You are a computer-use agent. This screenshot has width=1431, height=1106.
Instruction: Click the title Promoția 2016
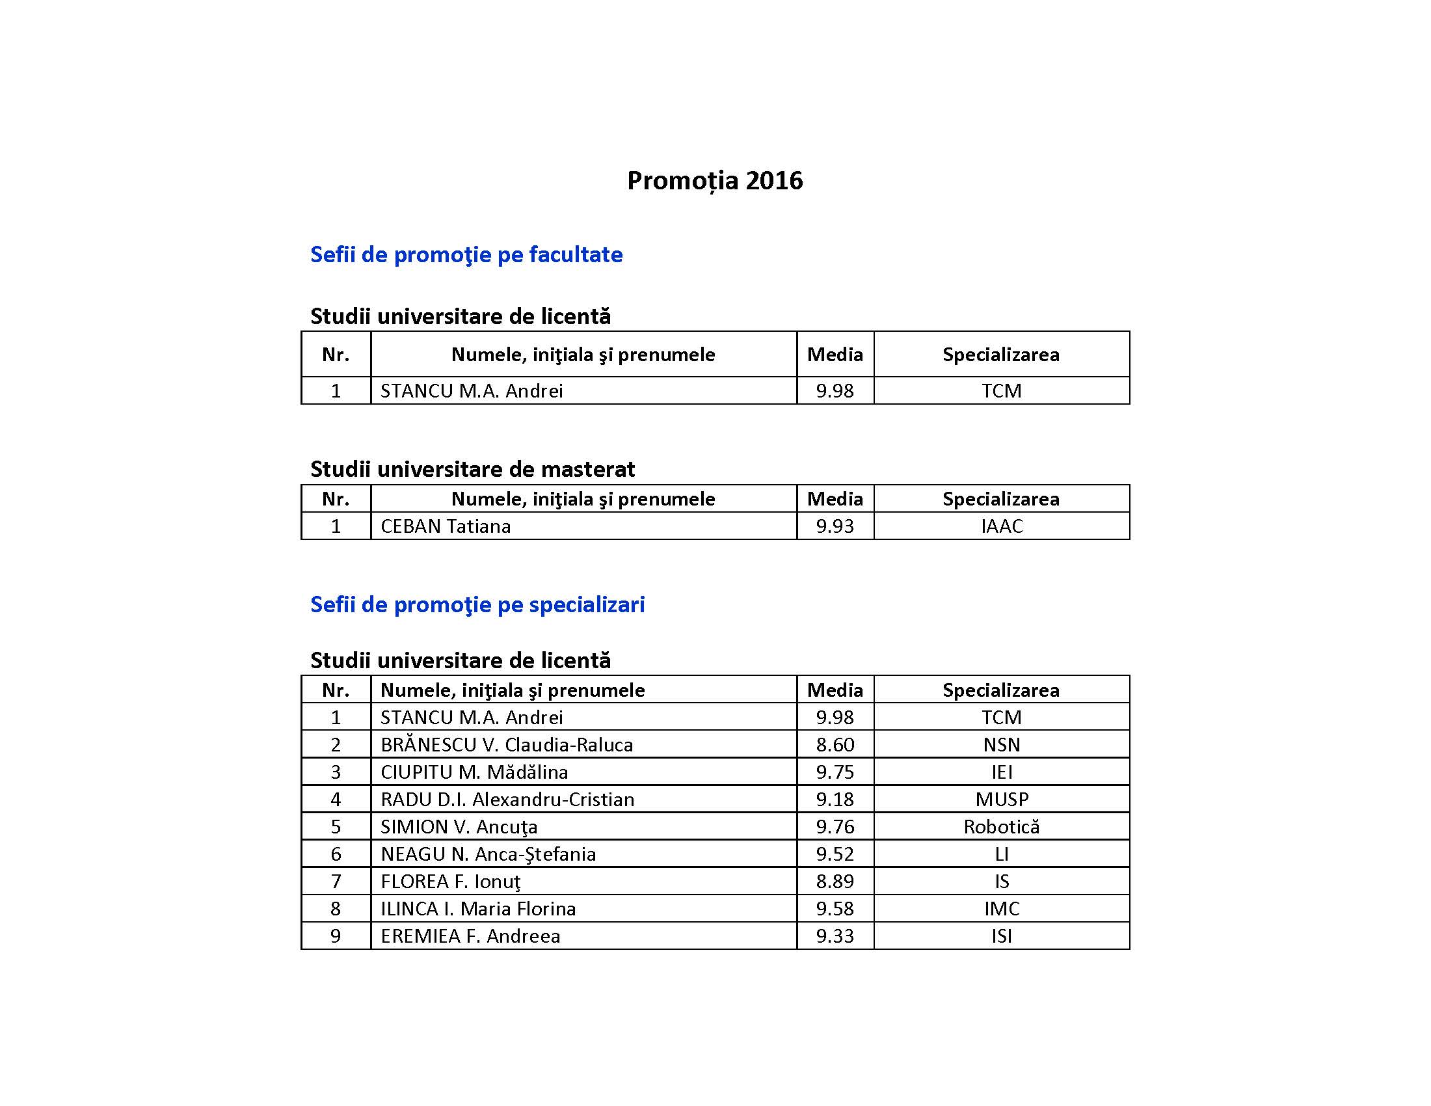tap(714, 180)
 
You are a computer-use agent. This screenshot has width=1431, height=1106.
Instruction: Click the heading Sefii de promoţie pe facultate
tap(466, 254)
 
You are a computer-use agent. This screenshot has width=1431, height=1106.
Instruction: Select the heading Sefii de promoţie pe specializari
tap(477, 604)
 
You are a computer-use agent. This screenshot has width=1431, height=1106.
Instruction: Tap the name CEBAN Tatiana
tap(446, 526)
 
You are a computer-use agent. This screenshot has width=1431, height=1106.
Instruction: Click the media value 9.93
tap(835, 526)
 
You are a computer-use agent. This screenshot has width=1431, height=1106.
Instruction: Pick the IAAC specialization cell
tap(1001, 526)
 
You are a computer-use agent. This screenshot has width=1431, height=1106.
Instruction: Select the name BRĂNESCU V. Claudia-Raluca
tap(507, 745)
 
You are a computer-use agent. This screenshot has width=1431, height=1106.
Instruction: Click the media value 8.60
tap(835, 745)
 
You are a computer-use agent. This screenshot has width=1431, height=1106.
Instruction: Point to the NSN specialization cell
tap(1001, 745)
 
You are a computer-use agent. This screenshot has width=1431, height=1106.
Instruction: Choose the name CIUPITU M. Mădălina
tap(474, 772)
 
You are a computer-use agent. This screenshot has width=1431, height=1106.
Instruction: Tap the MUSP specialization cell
tap(1001, 800)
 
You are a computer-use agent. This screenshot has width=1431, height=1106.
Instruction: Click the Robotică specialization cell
tap(1001, 827)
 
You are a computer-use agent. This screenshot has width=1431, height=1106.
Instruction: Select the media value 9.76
tap(835, 827)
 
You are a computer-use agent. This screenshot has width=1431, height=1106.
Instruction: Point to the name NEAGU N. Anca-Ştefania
tap(488, 854)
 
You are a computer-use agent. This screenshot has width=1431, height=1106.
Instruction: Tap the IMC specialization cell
tap(1001, 909)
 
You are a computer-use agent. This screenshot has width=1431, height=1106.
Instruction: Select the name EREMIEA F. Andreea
tap(470, 936)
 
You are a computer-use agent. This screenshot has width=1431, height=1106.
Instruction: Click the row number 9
tap(336, 936)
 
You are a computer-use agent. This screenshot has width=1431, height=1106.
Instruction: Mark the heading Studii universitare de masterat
tap(472, 469)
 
